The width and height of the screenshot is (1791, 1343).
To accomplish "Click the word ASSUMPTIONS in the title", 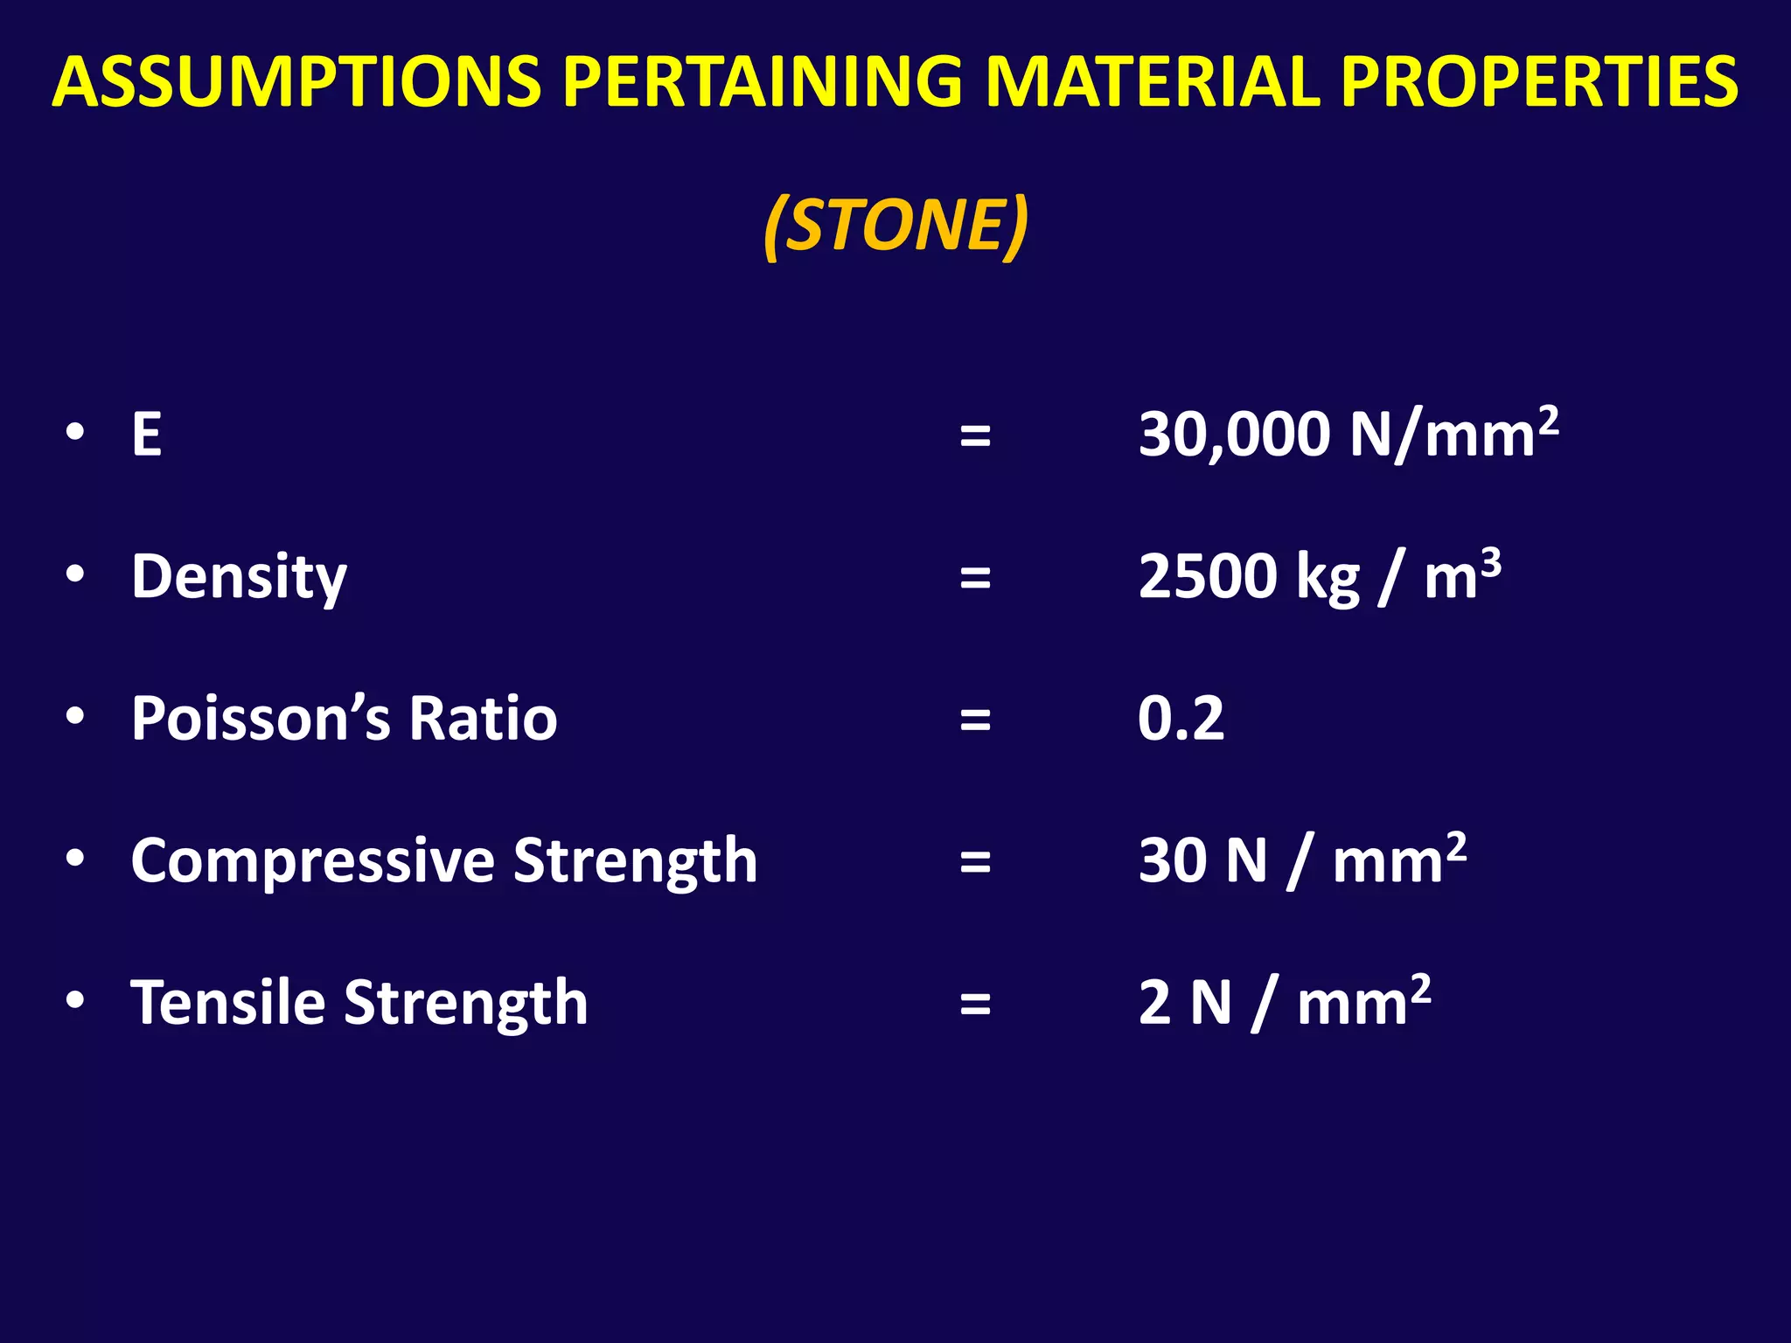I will click(x=297, y=81).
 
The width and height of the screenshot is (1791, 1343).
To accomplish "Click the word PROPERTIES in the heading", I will click(x=1539, y=81).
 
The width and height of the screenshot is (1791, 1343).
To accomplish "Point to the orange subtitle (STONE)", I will click(x=895, y=226).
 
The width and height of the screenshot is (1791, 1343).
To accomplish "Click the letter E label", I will click(x=146, y=435).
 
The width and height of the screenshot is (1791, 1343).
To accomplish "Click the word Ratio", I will click(x=483, y=719).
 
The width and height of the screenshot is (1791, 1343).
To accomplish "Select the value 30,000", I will click(x=1233, y=435).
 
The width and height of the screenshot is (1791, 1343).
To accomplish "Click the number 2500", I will click(x=1207, y=577).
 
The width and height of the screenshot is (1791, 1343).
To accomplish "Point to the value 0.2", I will click(x=1181, y=719).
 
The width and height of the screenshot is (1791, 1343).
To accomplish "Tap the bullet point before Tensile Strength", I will click(x=75, y=999).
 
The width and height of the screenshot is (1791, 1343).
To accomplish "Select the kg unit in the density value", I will click(x=1328, y=581).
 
